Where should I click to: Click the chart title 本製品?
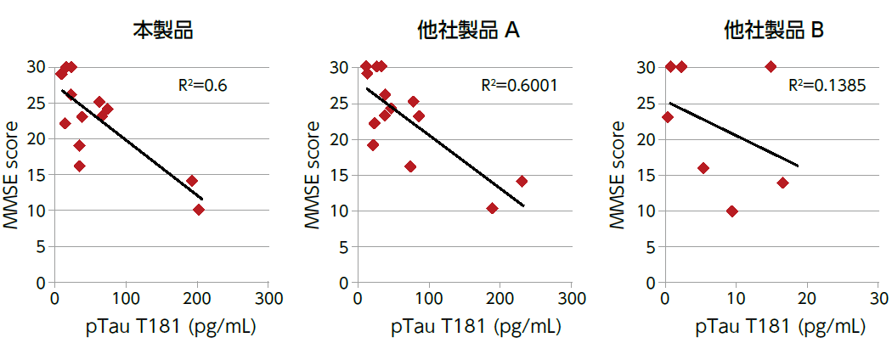pos(162,31)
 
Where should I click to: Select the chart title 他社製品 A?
pos(468,31)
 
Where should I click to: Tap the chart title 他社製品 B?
pos(773,31)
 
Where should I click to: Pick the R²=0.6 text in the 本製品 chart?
pos(202,86)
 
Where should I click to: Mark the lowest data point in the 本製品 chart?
pos(199,210)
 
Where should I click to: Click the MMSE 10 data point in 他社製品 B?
pos(732,211)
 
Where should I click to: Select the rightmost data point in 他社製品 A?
pos(522,182)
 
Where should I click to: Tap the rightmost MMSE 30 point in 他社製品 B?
pos(771,67)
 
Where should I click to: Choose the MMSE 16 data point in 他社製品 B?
pos(703,168)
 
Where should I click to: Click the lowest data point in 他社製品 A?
pos(492,208)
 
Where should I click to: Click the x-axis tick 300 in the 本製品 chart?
pos(268,299)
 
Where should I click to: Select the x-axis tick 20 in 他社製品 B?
pos(807,299)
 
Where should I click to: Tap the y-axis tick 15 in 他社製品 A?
pos(338,175)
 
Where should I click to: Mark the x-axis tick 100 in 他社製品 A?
pos(429,299)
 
